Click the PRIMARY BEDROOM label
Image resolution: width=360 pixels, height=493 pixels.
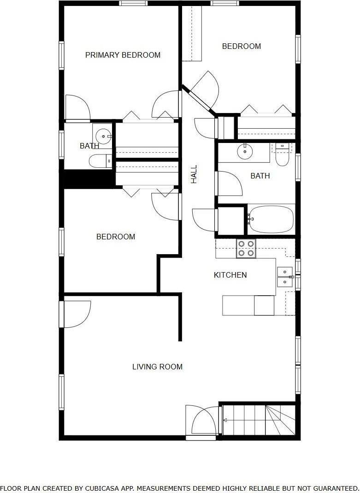123,55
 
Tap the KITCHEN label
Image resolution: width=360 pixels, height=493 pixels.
230,275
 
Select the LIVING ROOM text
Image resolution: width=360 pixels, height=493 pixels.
157,367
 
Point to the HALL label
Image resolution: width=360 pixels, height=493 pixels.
194,174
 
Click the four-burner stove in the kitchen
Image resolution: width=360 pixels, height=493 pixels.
246,249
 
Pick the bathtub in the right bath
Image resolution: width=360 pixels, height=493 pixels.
271,219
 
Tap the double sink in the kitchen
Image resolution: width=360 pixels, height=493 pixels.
284,277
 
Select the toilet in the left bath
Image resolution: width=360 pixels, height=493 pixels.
100,161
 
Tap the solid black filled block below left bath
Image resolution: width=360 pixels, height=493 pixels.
89,179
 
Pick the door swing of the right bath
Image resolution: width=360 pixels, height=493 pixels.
230,184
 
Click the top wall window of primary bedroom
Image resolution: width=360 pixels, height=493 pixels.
133,3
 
